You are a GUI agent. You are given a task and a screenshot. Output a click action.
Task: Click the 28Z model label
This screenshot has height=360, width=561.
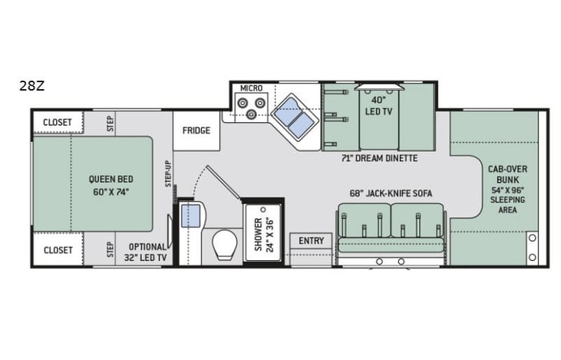tap(31, 86)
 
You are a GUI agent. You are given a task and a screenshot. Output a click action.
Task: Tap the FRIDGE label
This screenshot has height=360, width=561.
tap(196, 130)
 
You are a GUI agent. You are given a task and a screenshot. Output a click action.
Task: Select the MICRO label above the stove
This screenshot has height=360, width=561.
tap(251, 88)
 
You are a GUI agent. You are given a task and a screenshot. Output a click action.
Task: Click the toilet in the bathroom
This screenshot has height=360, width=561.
tap(225, 245)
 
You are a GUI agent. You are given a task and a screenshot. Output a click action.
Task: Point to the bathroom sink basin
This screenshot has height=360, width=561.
tap(190, 216)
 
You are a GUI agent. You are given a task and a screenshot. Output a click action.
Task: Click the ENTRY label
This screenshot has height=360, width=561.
tap(312, 241)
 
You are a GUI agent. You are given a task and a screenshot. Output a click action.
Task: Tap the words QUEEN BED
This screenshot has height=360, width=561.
tap(111, 180)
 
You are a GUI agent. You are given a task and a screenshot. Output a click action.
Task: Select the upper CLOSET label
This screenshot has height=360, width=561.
tap(58, 122)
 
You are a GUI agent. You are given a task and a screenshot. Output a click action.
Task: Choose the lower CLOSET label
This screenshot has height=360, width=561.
tap(58, 250)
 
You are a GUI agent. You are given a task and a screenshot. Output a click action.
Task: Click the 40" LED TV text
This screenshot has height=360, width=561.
tap(378, 106)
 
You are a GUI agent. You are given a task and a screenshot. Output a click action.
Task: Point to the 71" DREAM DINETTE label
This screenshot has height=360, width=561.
tap(379, 158)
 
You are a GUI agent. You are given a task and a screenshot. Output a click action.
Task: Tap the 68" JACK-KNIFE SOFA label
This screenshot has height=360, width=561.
tap(391, 193)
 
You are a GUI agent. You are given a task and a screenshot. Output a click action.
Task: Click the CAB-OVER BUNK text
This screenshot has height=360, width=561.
tap(507, 174)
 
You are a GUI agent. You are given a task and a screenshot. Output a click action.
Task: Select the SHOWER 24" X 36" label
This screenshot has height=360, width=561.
tap(264, 235)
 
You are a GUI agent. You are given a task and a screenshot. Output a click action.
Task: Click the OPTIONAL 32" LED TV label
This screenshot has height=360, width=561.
tap(147, 253)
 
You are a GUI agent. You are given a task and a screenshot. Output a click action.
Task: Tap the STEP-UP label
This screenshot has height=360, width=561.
tap(168, 174)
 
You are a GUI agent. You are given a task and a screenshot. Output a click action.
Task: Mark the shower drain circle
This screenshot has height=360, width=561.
tap(263, 210)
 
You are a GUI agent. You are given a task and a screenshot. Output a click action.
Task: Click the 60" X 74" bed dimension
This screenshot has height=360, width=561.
tap(111, 192)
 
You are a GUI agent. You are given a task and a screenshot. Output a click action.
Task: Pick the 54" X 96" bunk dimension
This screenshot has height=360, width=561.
tap(507, 190)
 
